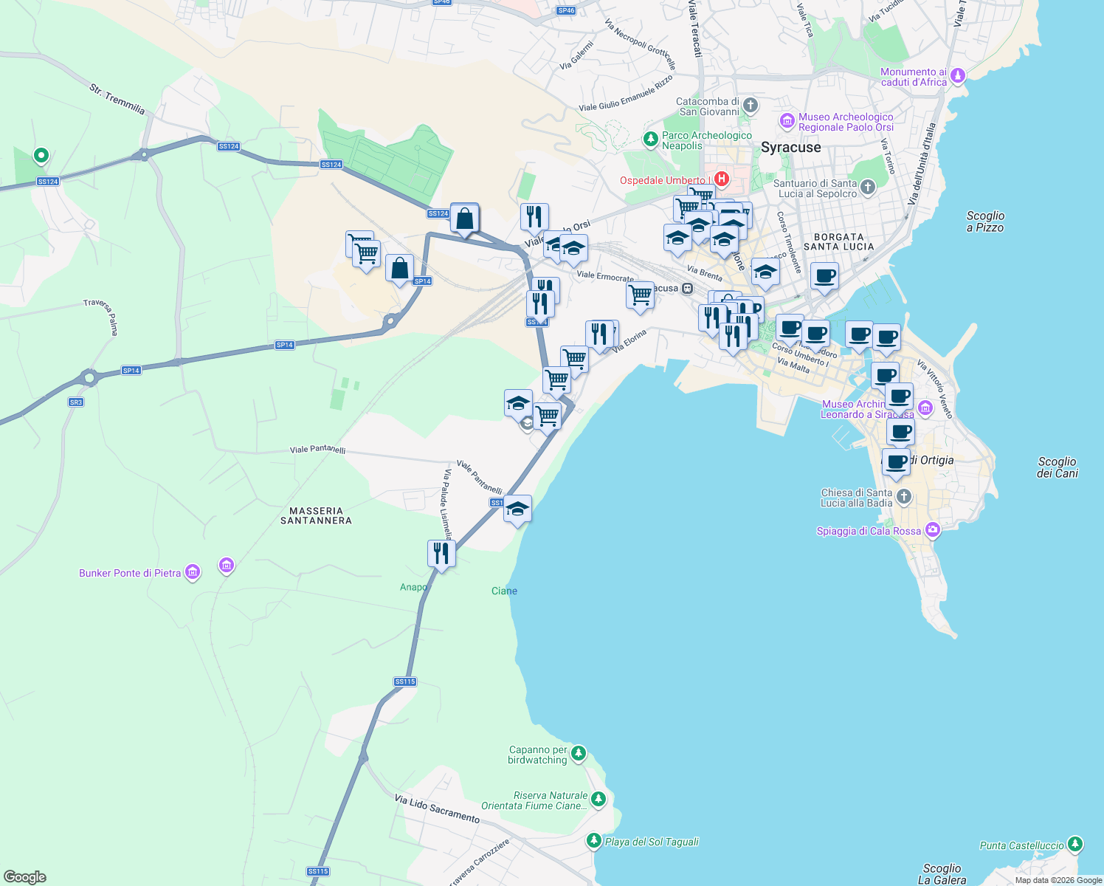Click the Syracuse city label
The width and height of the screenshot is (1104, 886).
[790, 148]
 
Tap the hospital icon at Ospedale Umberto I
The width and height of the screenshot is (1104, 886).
[722, 179]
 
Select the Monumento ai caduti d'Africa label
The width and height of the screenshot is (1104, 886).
[913, 78]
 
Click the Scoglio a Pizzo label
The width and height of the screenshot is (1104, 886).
[985, 221]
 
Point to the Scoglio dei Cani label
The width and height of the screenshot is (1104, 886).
[1057, 467]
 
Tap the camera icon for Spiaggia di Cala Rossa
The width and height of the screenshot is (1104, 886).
[933, 529]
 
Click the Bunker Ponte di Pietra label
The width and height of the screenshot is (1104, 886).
[130, 573]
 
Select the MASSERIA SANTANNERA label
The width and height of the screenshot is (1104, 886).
[316, 515]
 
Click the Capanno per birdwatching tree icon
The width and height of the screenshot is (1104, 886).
[579, 753]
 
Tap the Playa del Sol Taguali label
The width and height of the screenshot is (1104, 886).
[652, 842]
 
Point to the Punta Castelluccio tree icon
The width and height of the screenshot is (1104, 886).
[1075, 844]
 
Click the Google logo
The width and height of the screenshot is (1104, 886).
[24, 877]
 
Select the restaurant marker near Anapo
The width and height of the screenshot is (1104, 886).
[441, 554]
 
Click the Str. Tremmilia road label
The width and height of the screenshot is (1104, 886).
[117, 99]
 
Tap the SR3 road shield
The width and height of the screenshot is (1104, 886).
[76, 402]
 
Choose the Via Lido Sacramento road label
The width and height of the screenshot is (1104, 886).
[437, 809]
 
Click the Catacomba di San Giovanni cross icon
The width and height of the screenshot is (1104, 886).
[751, 105]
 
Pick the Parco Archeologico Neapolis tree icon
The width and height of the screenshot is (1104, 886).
[650, 138]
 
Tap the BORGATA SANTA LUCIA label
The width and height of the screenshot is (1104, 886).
[838, 242]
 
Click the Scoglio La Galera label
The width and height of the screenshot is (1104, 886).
[942, 874]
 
